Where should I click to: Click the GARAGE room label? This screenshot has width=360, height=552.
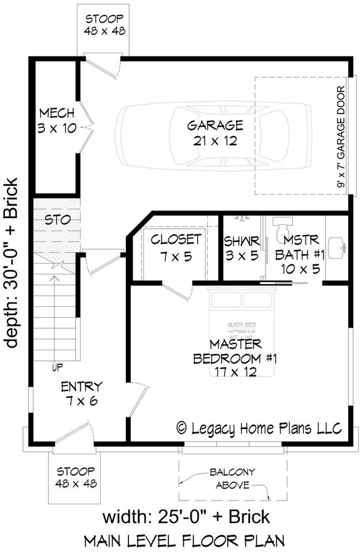coord(215,133)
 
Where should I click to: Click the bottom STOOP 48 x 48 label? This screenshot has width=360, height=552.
coord(76,477)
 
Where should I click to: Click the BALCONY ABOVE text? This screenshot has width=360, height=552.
coord(232,478)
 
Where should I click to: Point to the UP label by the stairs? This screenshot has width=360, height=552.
coord(56,365)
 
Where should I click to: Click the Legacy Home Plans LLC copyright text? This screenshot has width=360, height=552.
coord(259,429)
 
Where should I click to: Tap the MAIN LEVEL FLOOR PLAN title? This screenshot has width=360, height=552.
coord(186,540)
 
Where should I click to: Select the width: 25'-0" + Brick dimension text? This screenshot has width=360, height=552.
coord(186,517)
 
